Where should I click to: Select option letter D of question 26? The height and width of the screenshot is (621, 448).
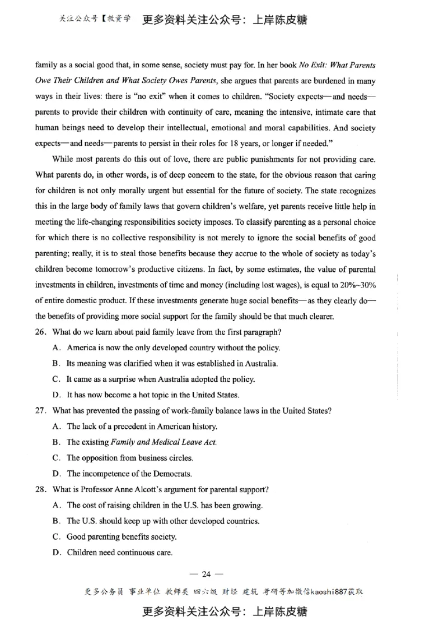(x=56, y=395)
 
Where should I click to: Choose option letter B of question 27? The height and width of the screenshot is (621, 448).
(x=56, y=442)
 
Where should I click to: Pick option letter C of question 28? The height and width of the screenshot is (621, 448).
(x=56, y=536)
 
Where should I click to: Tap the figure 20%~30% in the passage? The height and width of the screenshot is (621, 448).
(x=358, y=285)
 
